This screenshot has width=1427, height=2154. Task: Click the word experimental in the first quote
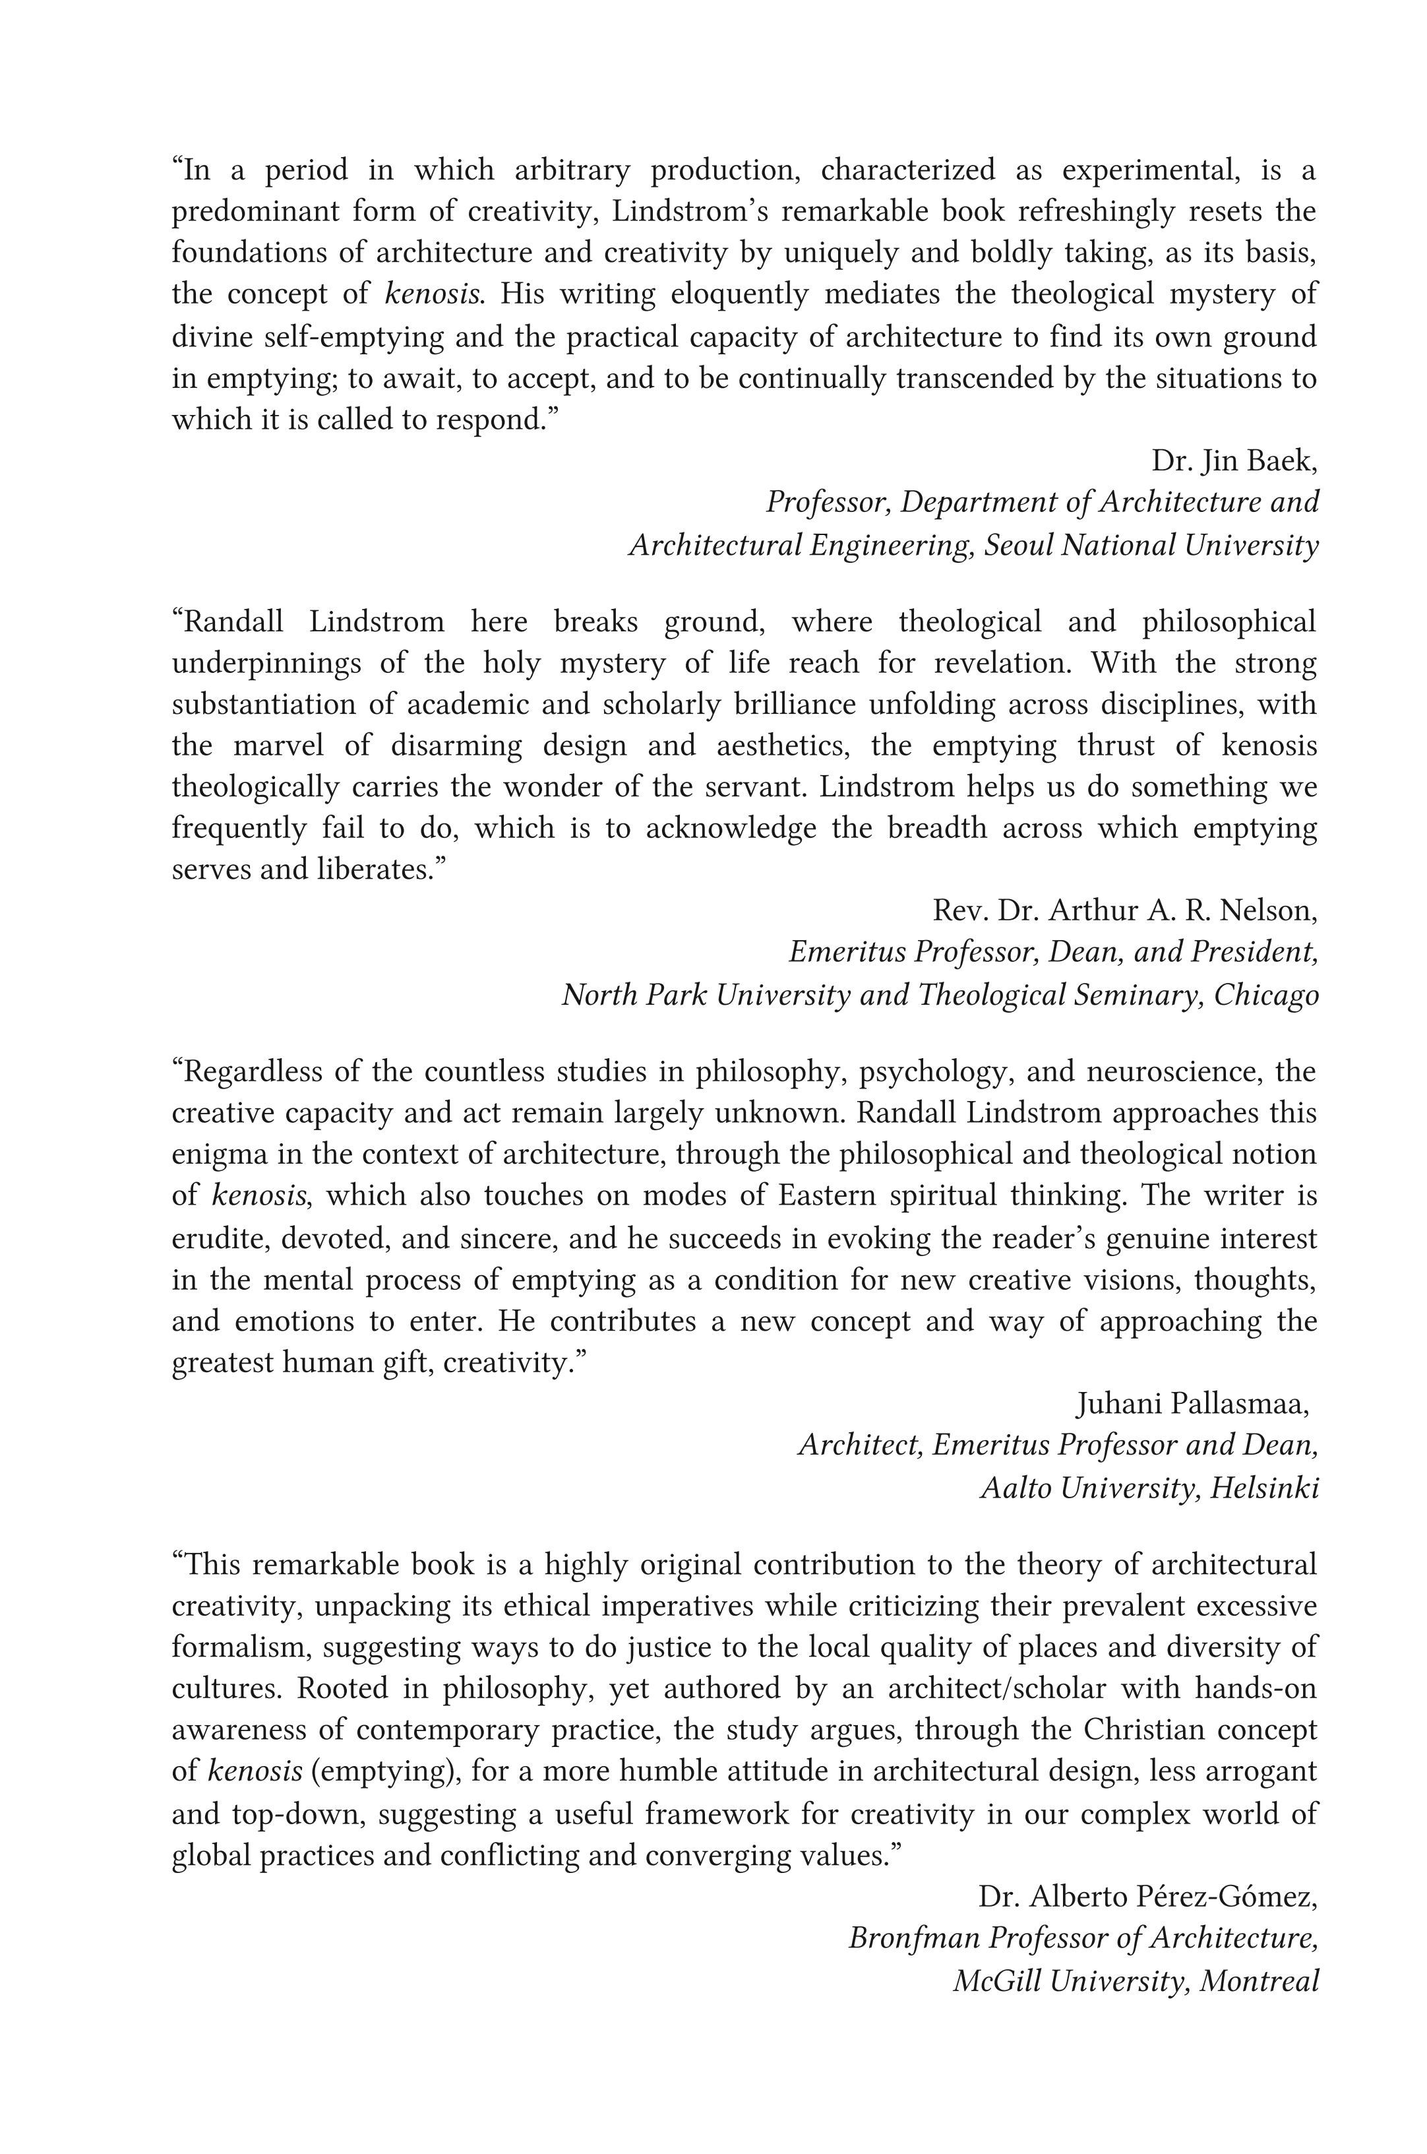[1149, 170]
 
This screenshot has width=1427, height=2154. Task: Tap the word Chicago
[1266, 994]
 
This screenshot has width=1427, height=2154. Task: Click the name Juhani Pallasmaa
[1192, 1405]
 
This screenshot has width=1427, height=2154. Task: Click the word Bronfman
[915, 1938]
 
